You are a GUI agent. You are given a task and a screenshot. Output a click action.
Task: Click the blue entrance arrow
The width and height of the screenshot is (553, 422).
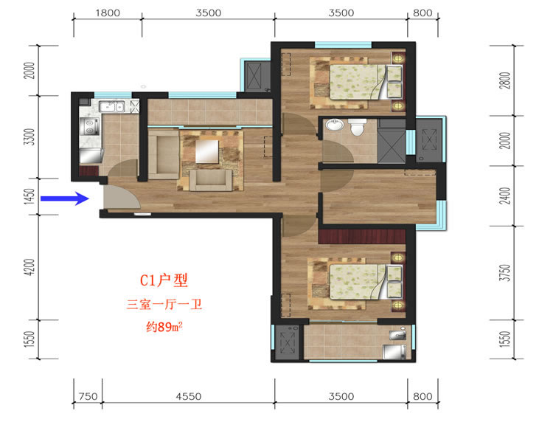tap(65, 198)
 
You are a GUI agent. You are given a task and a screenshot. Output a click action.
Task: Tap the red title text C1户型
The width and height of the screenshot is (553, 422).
tap(164, 280)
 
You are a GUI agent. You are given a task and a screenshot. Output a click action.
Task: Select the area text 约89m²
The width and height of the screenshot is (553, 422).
tap(164, 327)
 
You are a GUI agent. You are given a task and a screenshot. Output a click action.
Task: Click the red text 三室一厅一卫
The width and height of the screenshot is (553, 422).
tap(164, 304)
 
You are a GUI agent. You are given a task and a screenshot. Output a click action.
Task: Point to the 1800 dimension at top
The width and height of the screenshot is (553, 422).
tap(108, 13)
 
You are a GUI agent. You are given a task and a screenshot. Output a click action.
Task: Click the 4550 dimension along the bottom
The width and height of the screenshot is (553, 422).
tap(189, 397)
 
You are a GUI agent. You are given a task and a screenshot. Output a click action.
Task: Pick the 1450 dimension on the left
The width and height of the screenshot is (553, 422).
tap(30, 196)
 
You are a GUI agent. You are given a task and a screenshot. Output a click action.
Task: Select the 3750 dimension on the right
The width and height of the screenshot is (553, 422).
tap(505, 273)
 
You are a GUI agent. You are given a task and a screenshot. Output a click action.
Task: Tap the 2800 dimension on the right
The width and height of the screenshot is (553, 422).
tap(505, 80)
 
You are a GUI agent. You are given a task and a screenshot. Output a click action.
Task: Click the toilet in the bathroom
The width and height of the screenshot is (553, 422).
tap(358, 127)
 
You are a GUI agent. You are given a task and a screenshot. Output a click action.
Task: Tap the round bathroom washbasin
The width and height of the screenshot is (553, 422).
tap(334, 125)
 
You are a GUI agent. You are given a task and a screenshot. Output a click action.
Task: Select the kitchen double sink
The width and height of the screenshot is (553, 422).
tap(111, 106)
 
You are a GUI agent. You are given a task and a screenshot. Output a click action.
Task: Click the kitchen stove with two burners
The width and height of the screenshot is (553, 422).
tap(89, 127)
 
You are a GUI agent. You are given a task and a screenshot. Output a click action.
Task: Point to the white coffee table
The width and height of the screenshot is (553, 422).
tap(207, 151)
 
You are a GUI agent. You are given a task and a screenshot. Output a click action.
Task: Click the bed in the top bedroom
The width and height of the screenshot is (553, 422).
tap(366, 82)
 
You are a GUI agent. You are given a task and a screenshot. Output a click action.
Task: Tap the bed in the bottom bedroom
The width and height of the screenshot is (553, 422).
tap(366, 282)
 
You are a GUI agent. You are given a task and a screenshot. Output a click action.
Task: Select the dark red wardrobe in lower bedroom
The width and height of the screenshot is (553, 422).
tap(362, 236)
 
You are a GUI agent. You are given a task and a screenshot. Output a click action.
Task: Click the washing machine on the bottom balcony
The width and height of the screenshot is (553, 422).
tap(394, 352)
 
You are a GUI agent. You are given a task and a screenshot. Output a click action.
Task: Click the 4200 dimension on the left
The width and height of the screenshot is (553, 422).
tap(30, 267)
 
